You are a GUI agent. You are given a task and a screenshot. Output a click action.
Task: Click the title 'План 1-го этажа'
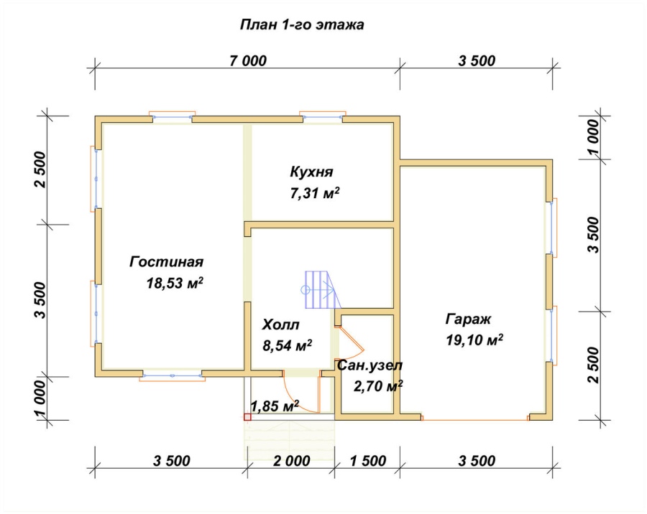click(x=302, y=25)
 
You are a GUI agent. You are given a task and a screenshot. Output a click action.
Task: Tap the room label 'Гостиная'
click(x=166, y=262)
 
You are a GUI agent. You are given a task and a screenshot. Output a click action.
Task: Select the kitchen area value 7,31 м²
click(x=315, y=193)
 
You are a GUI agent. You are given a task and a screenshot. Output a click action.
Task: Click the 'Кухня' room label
click(x=311, y=172)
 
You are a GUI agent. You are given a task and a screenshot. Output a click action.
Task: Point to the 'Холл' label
click(x=280, y=324)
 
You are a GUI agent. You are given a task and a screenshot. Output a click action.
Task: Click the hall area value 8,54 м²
click(x=287, y=345)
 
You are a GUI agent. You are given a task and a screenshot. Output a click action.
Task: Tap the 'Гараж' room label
click(x=468, y=319)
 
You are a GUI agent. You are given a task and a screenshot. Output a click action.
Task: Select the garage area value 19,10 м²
click(x=474, y=340)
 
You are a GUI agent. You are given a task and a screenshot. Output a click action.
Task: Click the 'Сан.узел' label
click(x=370, y=365)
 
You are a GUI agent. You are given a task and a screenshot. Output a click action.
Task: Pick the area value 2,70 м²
click(x=378, y=386)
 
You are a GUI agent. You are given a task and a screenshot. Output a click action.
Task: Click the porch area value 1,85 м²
click(x=275, y=406)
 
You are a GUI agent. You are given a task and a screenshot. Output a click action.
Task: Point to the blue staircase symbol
click(x=323, y=290)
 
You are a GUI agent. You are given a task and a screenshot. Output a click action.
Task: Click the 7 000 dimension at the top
click(x=248, y=61)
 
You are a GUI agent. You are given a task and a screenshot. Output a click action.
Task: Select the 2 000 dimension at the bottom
click(x=292, y=461)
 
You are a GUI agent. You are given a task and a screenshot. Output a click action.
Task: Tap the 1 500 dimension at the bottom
click(x=368, y=461)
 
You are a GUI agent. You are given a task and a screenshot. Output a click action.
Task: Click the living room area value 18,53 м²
click(x=175, y=283)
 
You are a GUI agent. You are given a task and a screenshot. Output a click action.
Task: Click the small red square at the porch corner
click(x=247, y=417)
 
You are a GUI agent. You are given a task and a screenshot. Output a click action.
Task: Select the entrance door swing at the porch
click(x=299, y=396)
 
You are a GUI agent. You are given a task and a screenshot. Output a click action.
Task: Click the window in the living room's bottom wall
click(x=172, y=377)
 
